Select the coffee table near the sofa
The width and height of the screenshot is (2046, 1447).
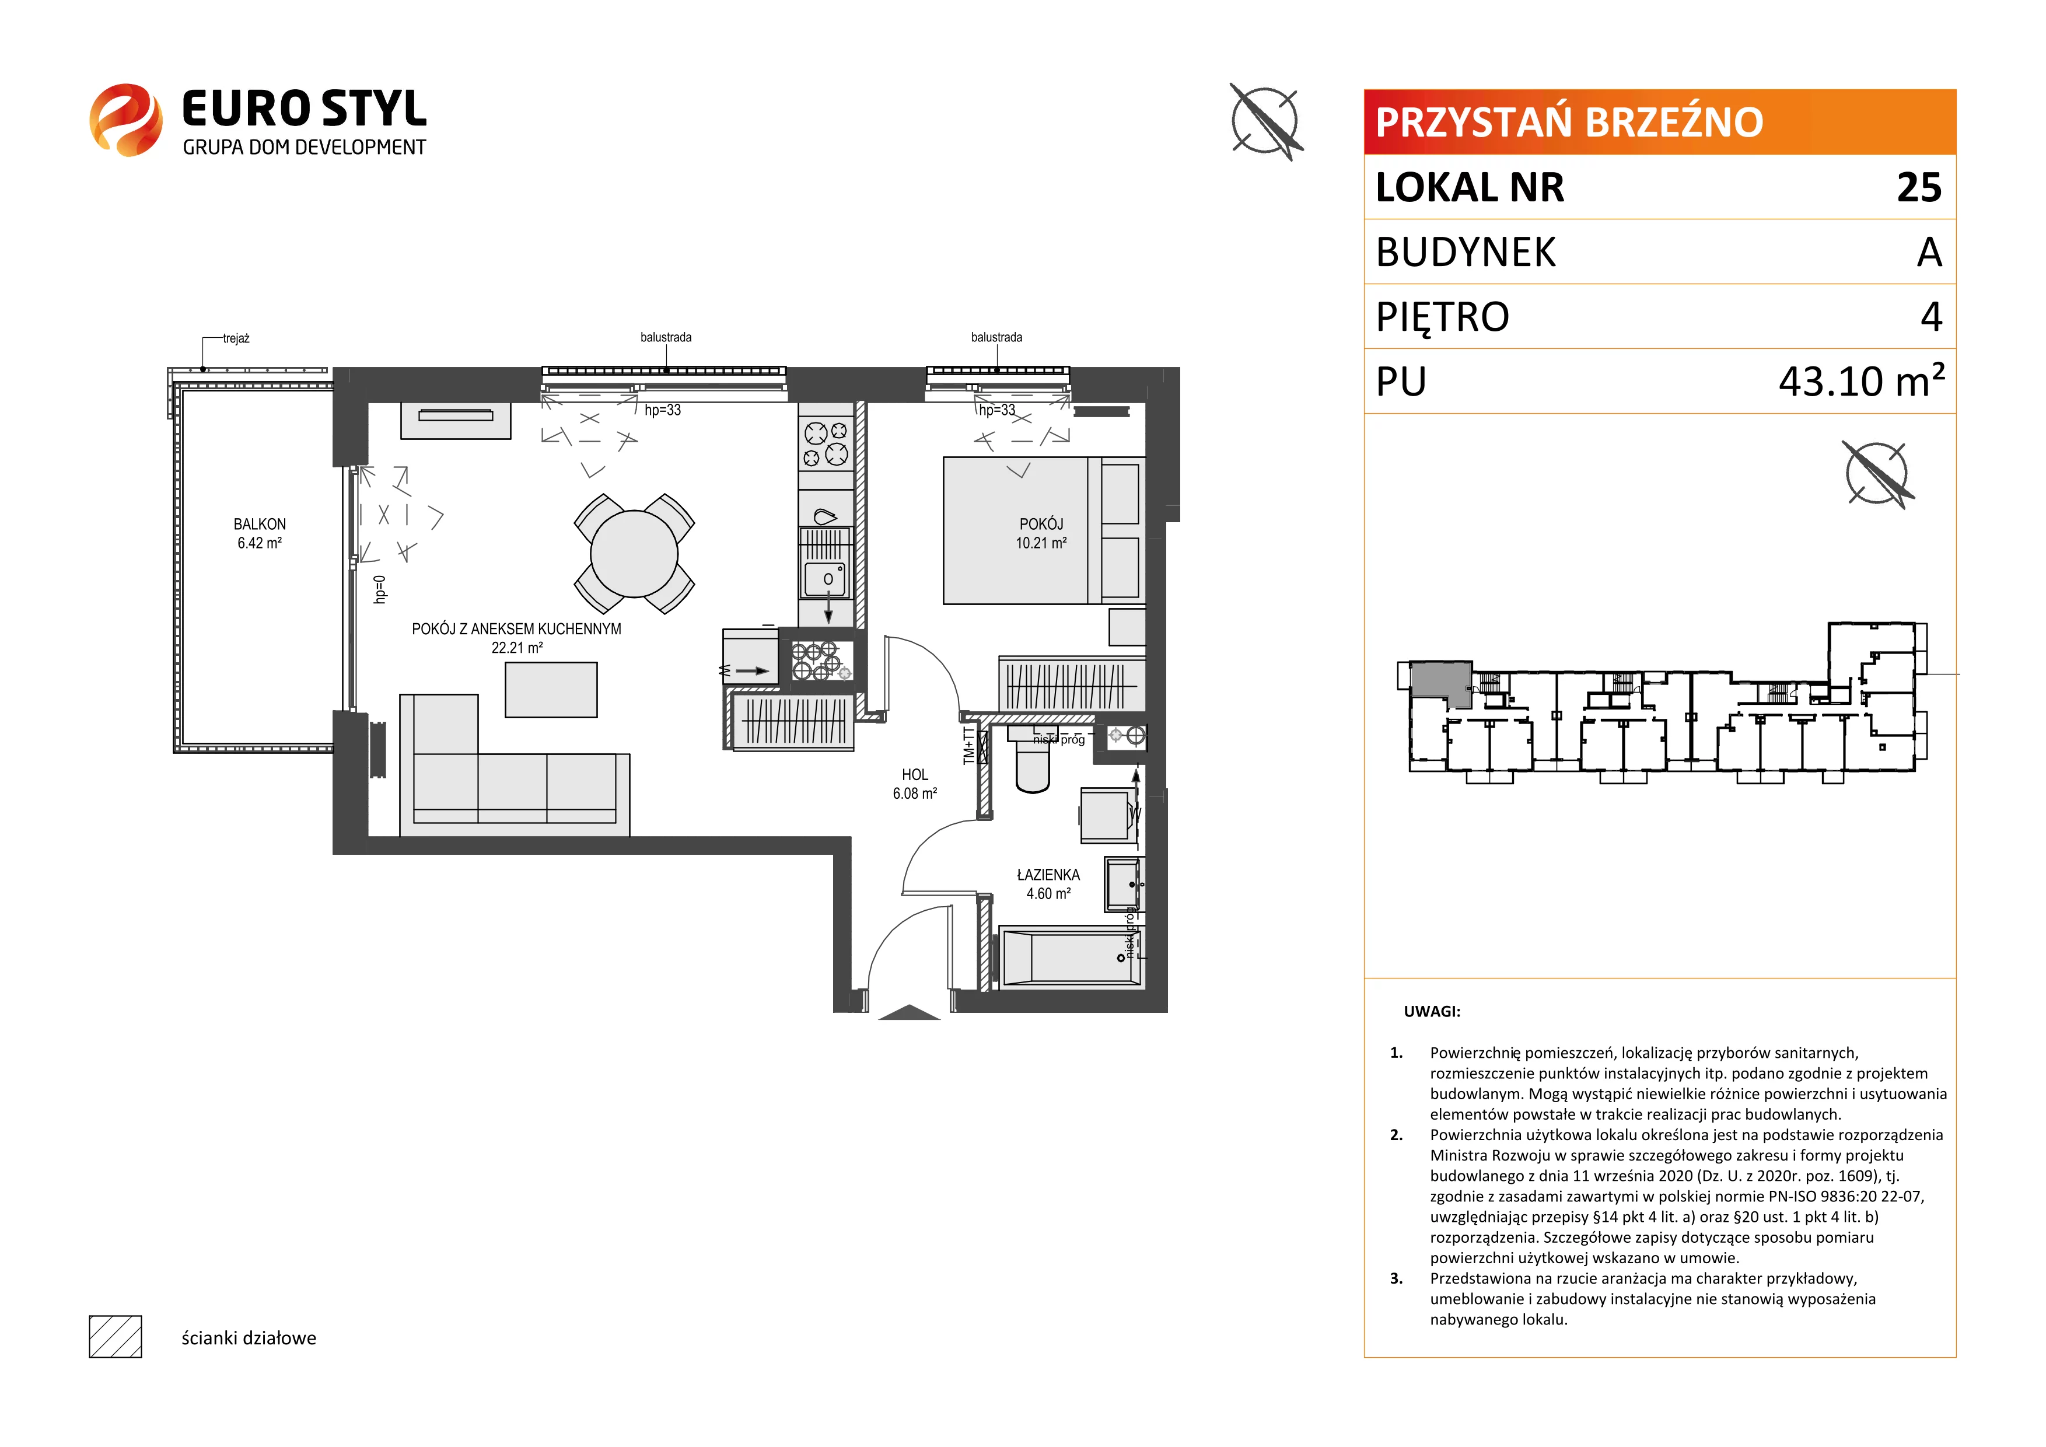click(x=551, y=690)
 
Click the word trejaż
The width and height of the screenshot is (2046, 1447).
click(x=236, y=338)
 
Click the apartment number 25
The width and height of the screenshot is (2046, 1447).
click(x=1919, y=187)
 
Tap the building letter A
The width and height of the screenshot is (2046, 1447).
click(x=1929, y=252)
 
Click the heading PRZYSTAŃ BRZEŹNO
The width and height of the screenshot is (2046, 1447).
click(x=1569, y=122)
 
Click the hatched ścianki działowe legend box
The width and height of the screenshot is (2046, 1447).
click(x=116, y=1337)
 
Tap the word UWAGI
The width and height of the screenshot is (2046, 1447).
click(x=1432, y=1011)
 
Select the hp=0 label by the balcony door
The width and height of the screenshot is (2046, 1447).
click(x=380, y=590)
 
